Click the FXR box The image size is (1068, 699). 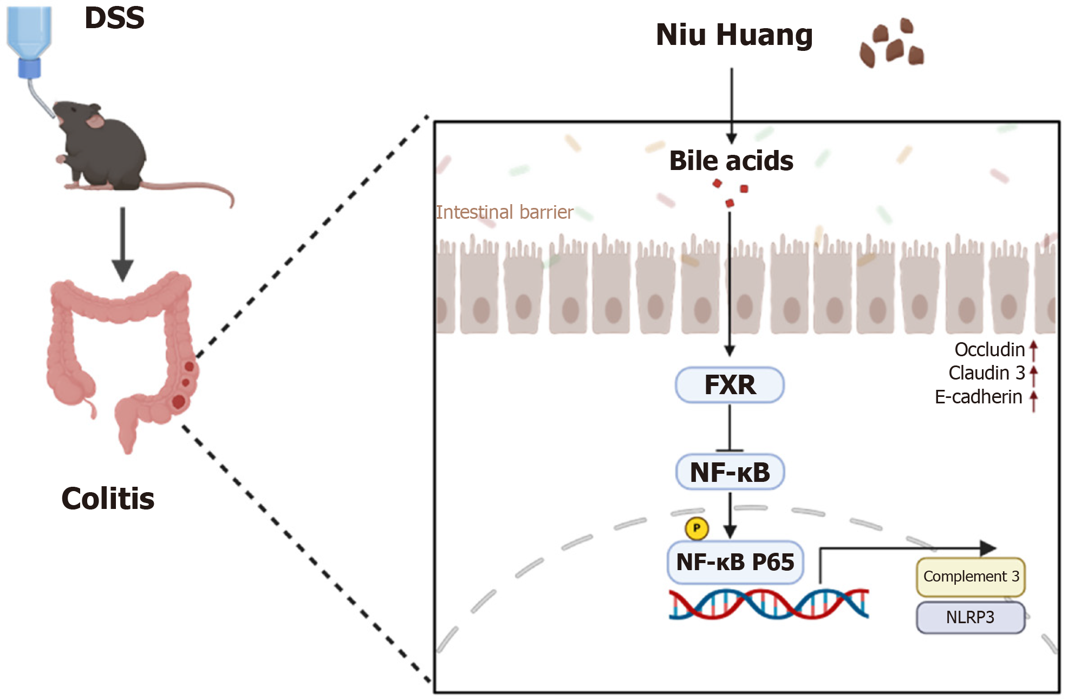click(x=729, y=385)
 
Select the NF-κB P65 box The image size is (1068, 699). click(x=735, y=562)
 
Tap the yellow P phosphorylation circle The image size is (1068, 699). click(x=696, y=528)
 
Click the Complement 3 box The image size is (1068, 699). click(x=971, y=577)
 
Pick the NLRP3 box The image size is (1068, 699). click(x=970, y=617)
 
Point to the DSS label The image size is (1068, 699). click(x=114, y=18)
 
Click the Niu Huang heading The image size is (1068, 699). click(x=734, y=35)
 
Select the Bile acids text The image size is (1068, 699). click(x=731, y=161)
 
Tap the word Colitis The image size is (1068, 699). click(x=108, y=499)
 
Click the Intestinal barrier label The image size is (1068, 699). click(x=504, y=212)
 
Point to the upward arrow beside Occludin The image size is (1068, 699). click(x=1033, y=350)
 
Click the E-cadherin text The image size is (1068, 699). click(x=978, y=397)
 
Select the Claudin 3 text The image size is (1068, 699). click(x=986, y=373)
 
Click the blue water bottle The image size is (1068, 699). click(x=29, y=38)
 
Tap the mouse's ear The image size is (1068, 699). click(x=95, y=121)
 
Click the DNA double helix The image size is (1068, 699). click(x=769, y=604)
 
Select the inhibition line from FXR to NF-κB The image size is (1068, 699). click(x=730, y=428)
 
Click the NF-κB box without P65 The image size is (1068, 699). click(x=730, y=472)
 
